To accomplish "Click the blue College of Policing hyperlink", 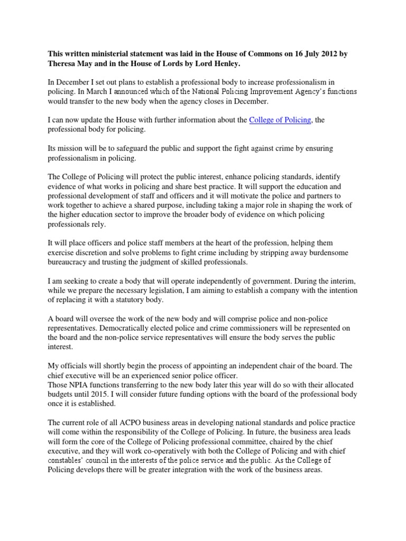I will [x=280, y=120].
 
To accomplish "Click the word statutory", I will [x=134, y=300].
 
